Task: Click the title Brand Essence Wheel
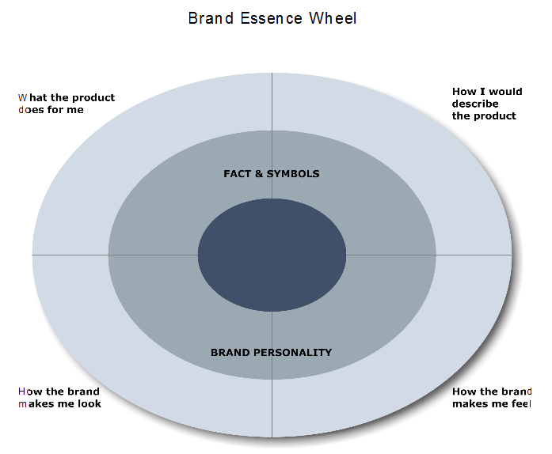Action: click(272, 17)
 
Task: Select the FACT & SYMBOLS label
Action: click(272, 173)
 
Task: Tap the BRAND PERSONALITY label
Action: click(272, 353)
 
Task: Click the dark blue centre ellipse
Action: click(272, 255)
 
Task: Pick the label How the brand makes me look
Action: click(59, 398)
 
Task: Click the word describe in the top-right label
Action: click(475, 104)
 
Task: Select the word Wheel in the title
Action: click(333, 17)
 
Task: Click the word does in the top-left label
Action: click(31, 110)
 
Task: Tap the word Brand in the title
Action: click(207, 17)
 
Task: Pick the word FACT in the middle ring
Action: click(237, 173)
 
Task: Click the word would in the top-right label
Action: click(504, 92)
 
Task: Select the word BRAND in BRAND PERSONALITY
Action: click(228, 353)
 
